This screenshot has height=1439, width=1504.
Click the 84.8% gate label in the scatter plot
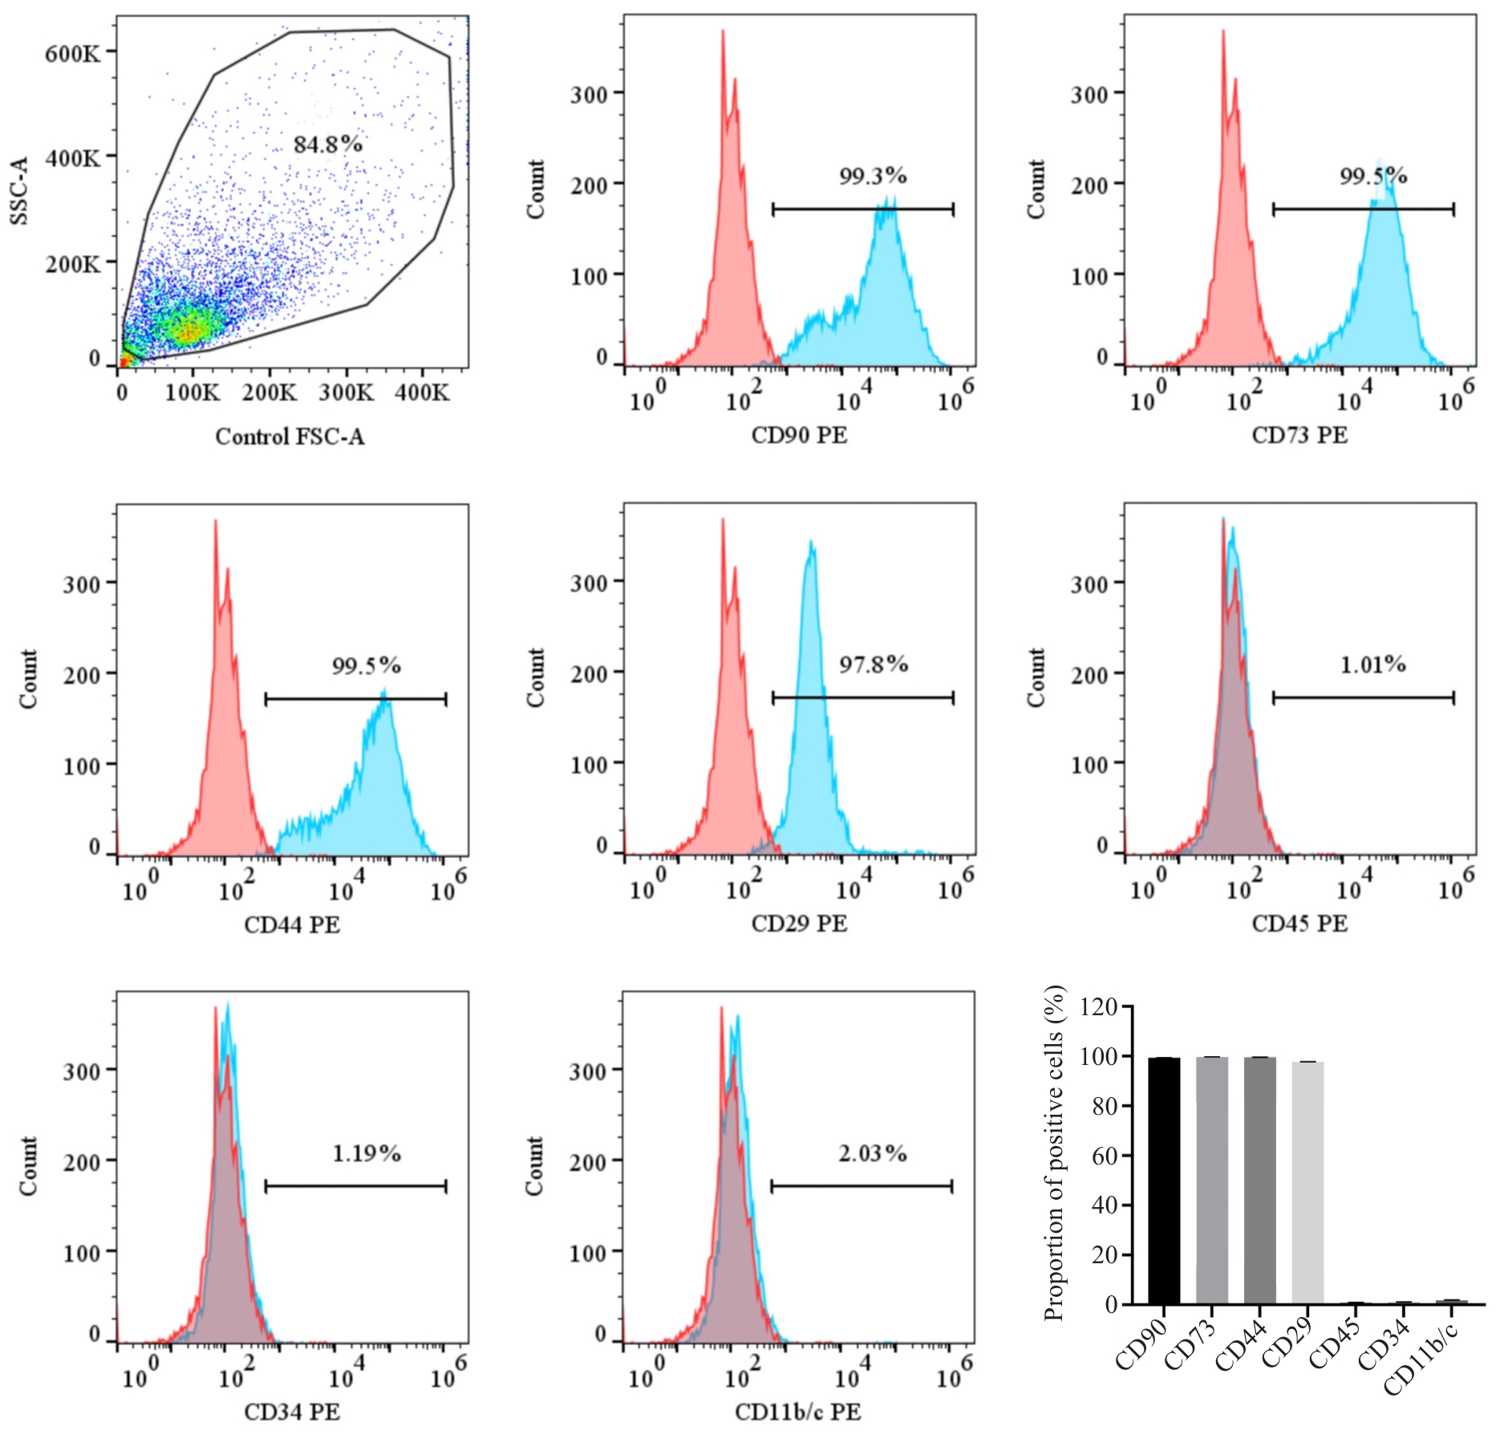click(x=327, y=144)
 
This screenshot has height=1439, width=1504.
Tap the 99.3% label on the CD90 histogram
click(x=873, y=176)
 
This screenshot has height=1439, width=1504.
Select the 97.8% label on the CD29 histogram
click(x=874, y=664)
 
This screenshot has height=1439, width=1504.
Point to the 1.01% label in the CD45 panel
click(x=1373, y=664)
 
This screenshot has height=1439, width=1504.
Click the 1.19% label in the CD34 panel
click(x=367, y=1153)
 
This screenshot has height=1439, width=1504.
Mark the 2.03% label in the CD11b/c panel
click(x=873, y=1153)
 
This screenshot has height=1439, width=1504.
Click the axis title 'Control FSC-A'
click(x=290, y=437)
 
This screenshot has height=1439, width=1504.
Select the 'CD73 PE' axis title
click(x=1299, y=435)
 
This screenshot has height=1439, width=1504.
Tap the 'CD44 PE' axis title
click(x=292, y=925)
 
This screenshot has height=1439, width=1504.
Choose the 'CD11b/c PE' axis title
click(x=798, y=1412)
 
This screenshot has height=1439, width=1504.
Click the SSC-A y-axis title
click(x=19, y=191)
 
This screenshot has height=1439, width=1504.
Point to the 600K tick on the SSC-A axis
click(x=73, y=54)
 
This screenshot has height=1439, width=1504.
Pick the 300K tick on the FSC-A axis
click(x=347, y=392)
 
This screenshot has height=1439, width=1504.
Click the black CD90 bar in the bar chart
click(x=1164, y=1181)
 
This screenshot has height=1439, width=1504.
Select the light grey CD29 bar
click(x=1307, y=1183)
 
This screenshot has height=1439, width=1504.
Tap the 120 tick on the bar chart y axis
click(x=1099, y=1006)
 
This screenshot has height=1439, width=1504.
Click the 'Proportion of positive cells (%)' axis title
click(x=1054, y=1152)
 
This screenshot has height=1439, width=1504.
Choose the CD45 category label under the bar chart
click(x=1335, y=1345)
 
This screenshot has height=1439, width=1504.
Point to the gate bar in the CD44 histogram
click(x=355, y=699)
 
